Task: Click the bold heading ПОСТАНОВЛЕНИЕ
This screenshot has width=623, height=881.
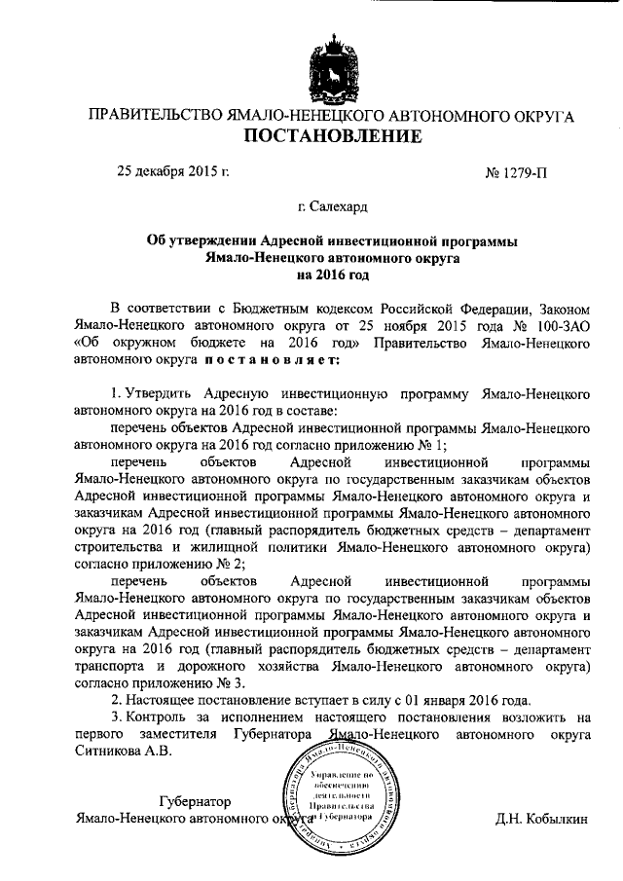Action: coord(332,136)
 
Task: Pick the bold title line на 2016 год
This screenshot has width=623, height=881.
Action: coord(333,275)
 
